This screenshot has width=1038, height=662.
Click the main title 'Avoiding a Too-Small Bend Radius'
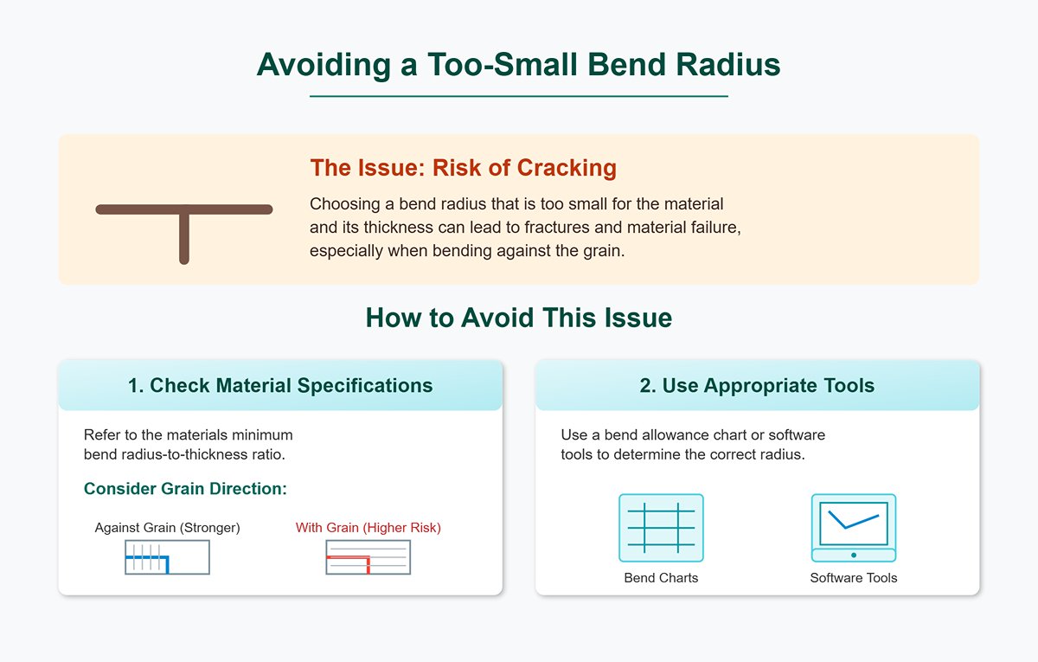(x=518, y=66)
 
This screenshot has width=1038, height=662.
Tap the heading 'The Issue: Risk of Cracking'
(x=463, y=168)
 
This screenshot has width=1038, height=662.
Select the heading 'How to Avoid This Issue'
(x=518, y=318)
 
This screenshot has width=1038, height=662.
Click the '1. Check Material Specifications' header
(x=280, y=386)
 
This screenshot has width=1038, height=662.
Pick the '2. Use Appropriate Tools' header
(x=757, y=386)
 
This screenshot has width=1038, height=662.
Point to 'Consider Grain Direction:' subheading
(x=185, y=489)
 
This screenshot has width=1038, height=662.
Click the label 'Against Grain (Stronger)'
(x=167, y=528)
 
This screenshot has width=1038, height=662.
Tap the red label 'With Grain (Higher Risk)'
(x=368, y=528)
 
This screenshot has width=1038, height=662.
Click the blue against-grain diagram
(x=167, y=557)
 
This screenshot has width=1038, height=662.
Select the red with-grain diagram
(x=368, y=557)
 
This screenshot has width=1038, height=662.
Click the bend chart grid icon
(x=661, y=527)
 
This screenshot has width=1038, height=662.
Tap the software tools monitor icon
(x=853, y=527)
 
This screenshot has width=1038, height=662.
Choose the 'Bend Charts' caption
(x=661, y=578)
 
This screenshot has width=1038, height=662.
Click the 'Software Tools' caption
(x=853, y=578)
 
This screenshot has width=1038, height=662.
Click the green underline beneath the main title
(x=518, y=96)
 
